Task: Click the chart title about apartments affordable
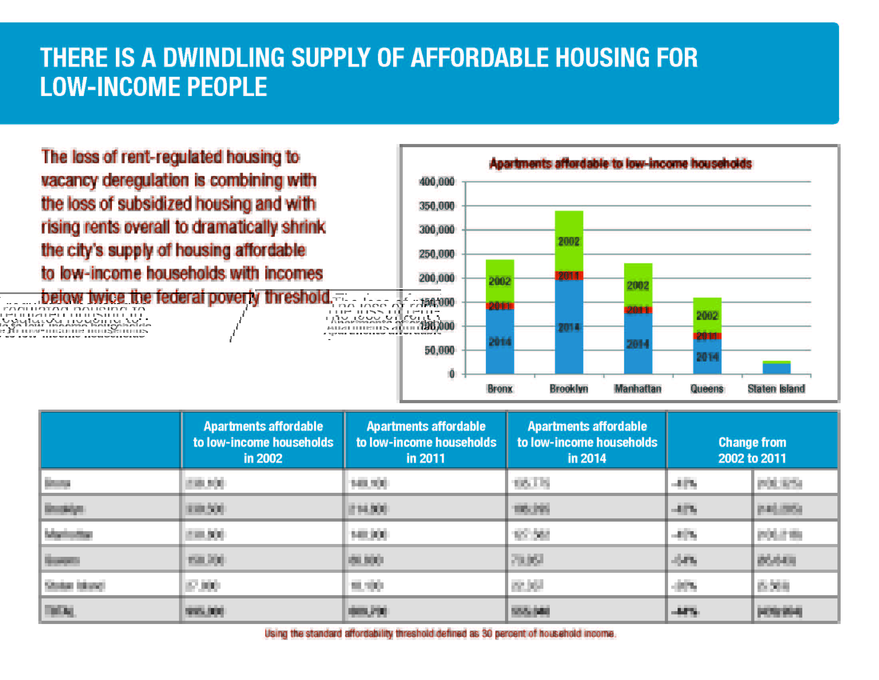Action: (x=620, y=164)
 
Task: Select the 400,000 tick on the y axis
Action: (x=437, y=182)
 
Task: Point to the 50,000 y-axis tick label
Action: (x=439, y=350)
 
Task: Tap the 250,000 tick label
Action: (x=437, y=254)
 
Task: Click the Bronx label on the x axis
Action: (x=499, y=389)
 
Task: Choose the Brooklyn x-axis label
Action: (x=569, y=389)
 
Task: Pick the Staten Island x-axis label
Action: (x=776, y=389)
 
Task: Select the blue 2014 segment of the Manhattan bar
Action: (x=638, y=344)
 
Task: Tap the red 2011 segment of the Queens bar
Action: (x=707, y=336)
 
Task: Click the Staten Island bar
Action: (x=776, y=368)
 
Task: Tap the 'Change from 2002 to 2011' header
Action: (x=752, y=450)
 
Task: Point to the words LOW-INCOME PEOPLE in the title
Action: (x=153, y=87)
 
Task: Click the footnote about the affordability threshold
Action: (x=440, y=634)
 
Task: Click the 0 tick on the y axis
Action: (x=451, y=374)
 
